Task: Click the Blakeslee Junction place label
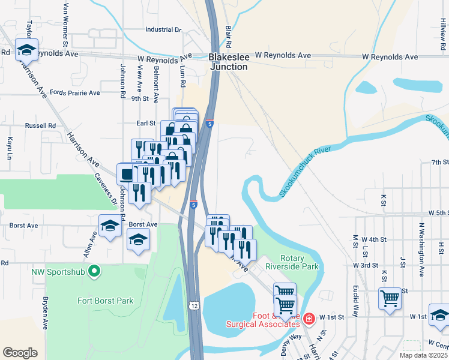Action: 228,62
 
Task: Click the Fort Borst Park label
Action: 105,301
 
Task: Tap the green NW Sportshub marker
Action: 94,272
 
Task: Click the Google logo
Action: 20,352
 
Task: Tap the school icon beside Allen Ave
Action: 110,227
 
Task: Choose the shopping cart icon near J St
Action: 390,298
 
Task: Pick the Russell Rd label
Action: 40,125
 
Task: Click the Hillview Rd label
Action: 442,35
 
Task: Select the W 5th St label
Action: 438,213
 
